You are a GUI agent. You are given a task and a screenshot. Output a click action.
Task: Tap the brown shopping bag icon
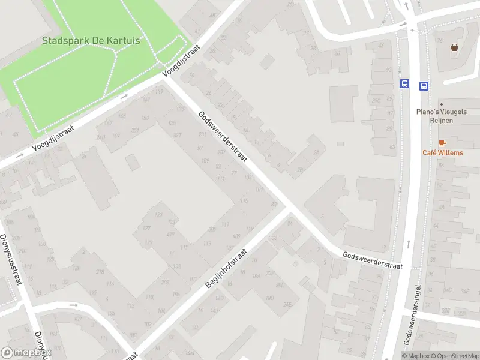tap(454, 47)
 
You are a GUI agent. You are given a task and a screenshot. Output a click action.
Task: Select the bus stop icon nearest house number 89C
tap(404, 85)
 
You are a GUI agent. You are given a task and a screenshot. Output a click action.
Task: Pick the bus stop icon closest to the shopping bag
tap(424, 86)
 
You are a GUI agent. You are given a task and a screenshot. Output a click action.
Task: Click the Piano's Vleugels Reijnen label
tap(443, 116)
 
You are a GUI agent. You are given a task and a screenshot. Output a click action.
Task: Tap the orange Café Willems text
tap(443, 152)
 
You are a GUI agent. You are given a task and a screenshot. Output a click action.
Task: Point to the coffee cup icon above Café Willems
tap(442, 143)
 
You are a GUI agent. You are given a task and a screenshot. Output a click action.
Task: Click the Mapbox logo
tap(25, 353)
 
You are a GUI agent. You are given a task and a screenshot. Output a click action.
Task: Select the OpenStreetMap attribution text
tap(453, 356)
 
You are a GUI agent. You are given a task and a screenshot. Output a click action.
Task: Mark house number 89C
tap(376, 100)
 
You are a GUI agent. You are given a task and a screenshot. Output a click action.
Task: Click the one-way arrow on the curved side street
tap(73, 305)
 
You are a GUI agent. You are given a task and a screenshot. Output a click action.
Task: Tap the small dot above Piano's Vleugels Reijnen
tap(441, 103)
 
